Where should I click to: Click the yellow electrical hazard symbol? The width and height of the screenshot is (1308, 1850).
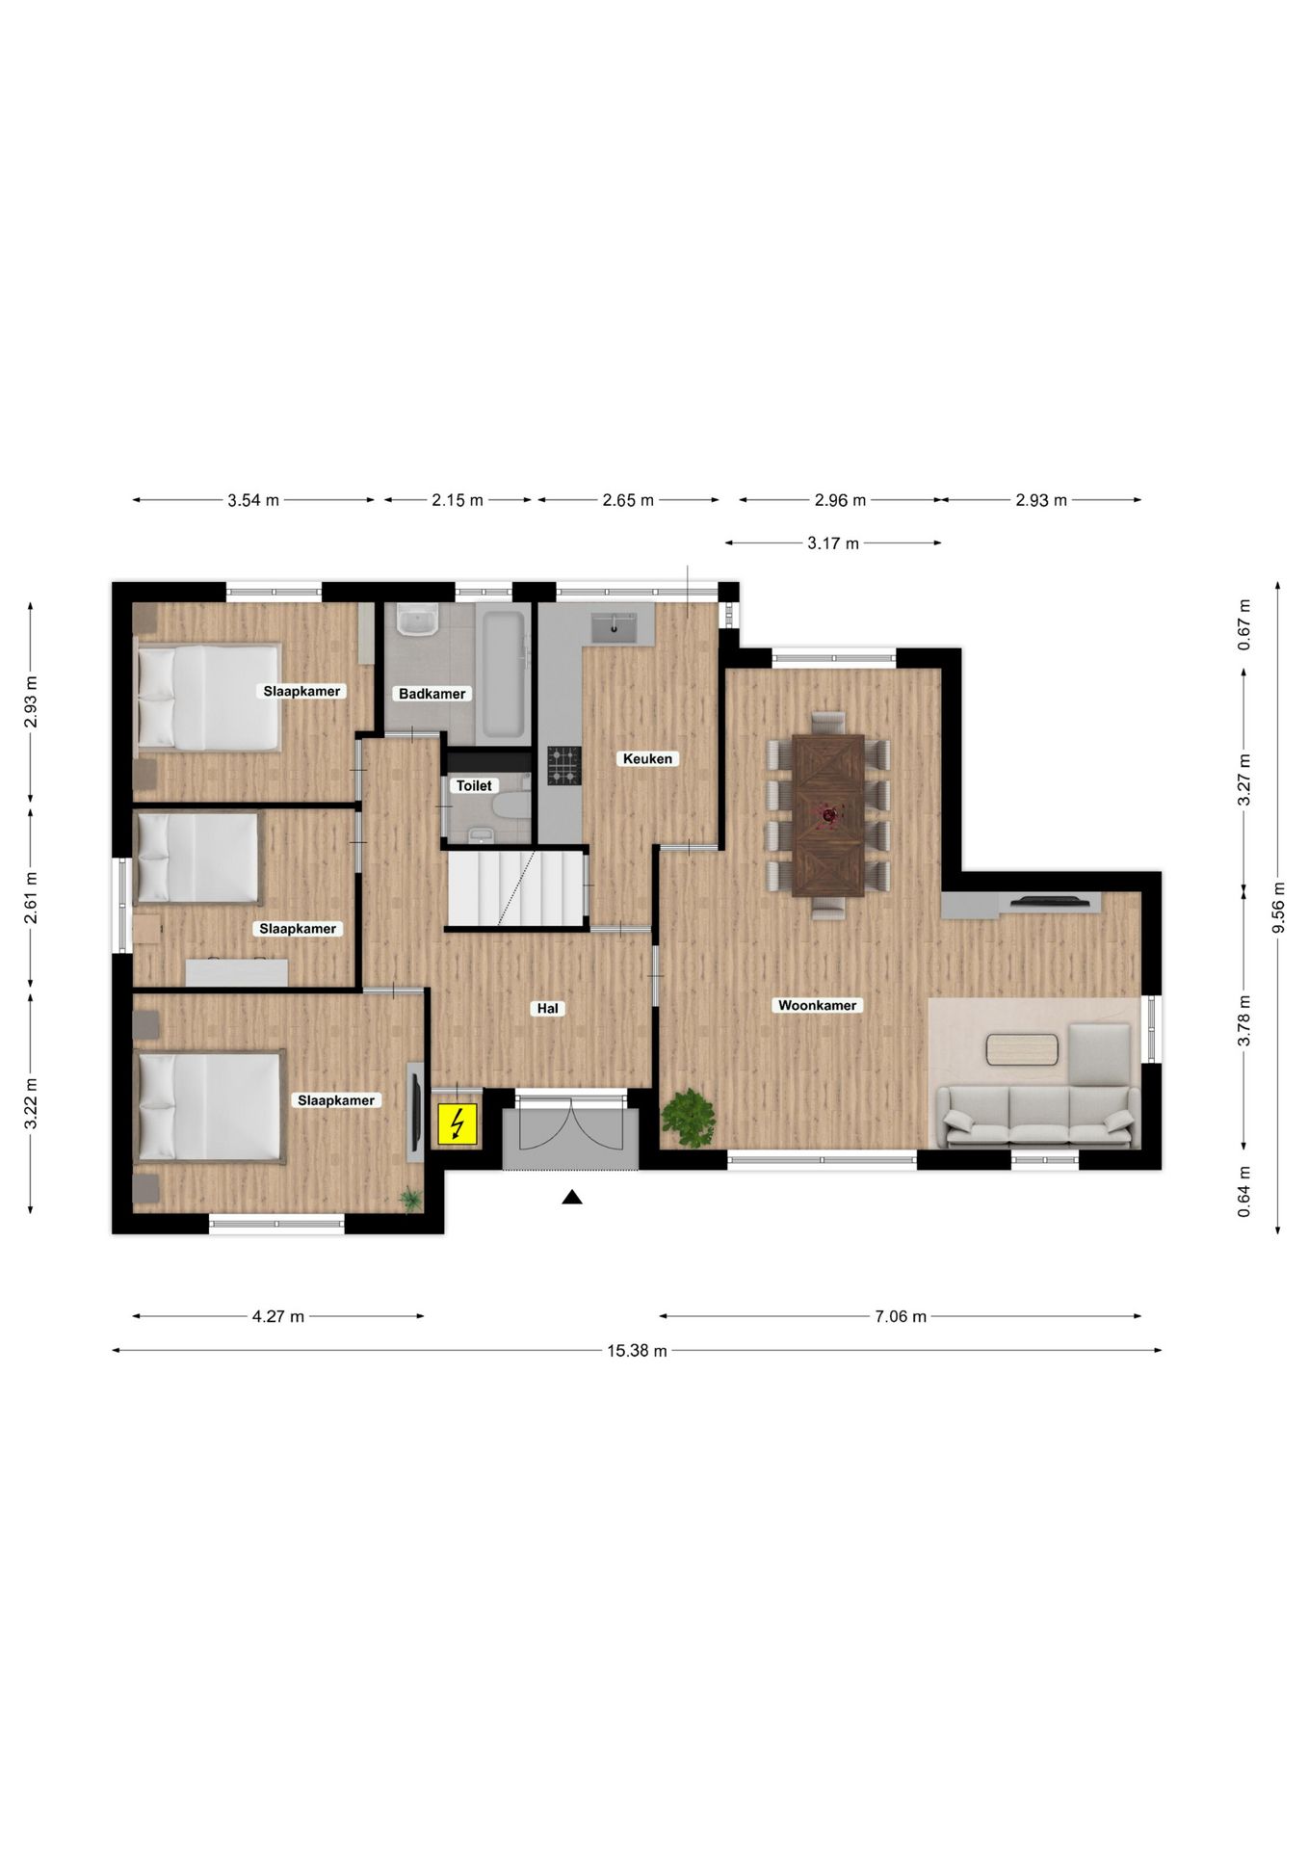click(458, 1123)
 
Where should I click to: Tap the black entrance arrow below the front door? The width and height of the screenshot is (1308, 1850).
click(572, 1198)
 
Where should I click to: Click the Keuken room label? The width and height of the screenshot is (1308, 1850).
click(647, 758)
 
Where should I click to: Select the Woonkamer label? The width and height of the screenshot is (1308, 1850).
click(817, 1005)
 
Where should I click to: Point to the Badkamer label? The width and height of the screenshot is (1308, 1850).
click(432, 694)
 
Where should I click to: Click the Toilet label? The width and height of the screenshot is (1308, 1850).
click(474, 785)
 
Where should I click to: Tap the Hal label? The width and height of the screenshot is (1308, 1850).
click(547, 1009)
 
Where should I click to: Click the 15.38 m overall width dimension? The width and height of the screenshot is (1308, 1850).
click(637, 1351)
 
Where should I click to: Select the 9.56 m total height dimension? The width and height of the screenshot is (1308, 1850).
click(1278, 908)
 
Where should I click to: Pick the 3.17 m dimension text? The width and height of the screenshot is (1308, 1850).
click(832, 543)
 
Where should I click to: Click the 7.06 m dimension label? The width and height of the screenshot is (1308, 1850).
click(901, 1316)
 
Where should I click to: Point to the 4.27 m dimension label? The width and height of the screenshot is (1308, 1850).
click(278, 1316)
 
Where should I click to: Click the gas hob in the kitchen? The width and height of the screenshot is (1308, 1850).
click(564, 765)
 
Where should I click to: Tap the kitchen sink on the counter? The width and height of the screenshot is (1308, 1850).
click(614, 626)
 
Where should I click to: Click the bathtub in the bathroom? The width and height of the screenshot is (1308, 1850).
click(502, 673)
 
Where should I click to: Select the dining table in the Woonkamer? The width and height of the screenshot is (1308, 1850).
click(827, 814)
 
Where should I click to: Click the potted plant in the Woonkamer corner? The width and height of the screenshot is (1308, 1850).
click(689, 1118)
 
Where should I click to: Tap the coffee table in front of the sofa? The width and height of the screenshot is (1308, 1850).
click(1022, 1049)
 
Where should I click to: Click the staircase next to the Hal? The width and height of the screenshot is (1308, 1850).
click(515, 886)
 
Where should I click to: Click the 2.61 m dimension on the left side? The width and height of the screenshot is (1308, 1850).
click(31, 897)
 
